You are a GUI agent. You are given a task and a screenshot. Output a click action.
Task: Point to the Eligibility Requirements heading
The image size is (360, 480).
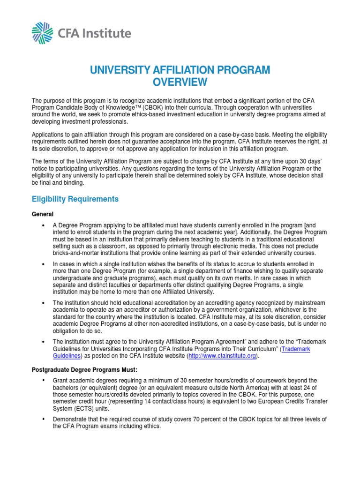click(75, 199)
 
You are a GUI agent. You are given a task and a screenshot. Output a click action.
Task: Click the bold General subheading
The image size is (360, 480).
click(42, 213)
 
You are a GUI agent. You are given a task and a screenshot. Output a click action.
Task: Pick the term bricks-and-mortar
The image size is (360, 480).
click(77, 253)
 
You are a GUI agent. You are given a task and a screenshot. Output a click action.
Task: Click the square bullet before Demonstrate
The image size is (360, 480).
click(43, 419)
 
